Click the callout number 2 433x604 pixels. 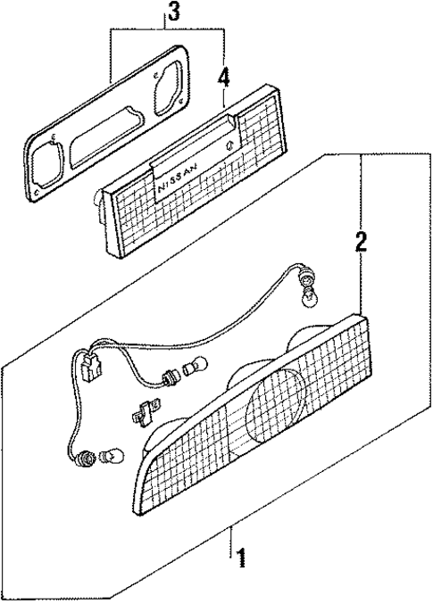pyautogui.click(x=361, y=243)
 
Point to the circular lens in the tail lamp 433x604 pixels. pyautogui.click(x=276, y=410)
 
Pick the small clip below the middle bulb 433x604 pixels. pyautogui.click(x=144, y=414)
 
